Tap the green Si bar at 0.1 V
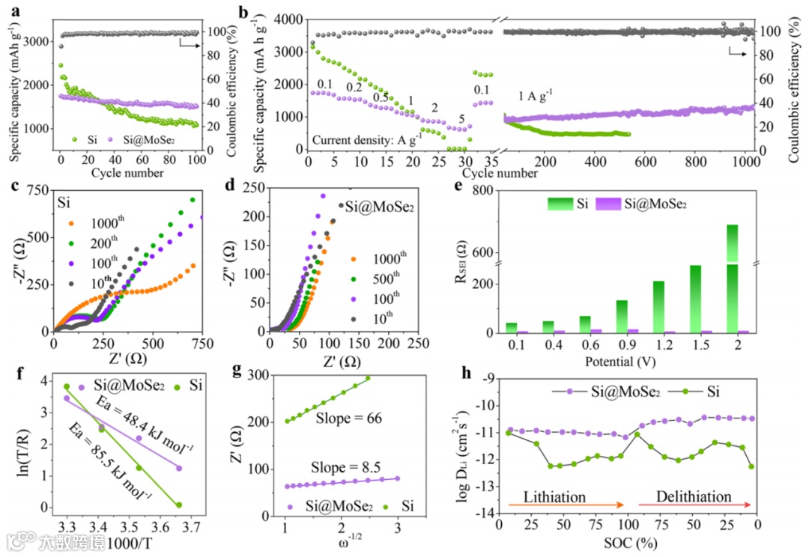(x=512, y=328)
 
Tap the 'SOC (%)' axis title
(x=628, y=541)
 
